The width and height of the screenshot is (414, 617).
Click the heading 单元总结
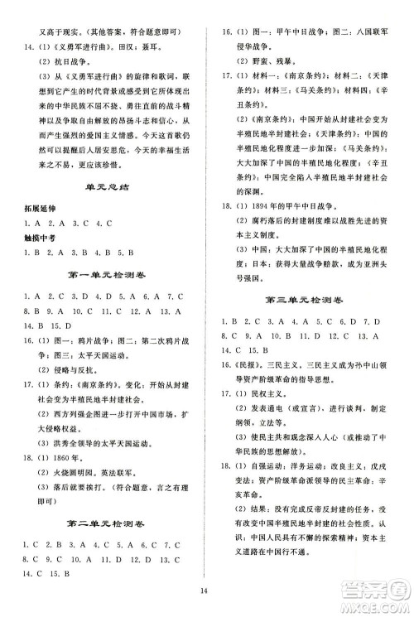(106, 212)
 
